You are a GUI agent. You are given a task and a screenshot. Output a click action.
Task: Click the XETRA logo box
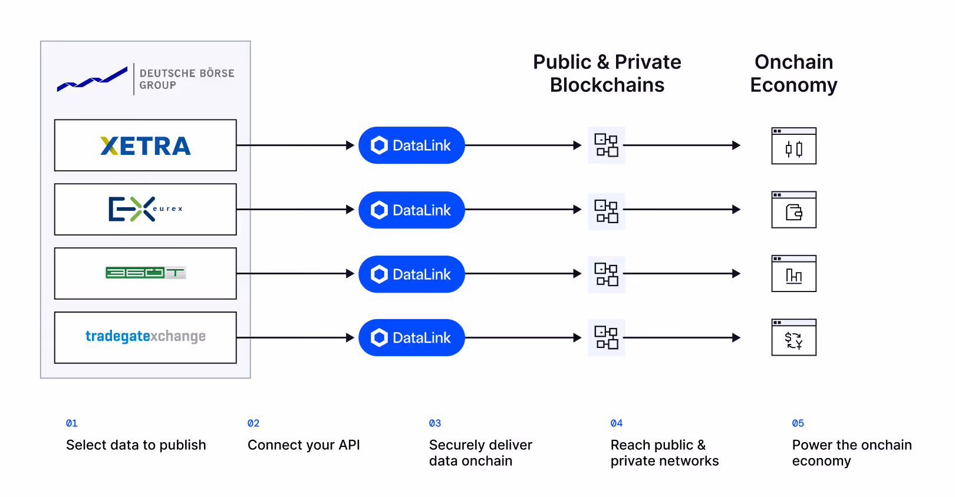(x=146, y=145)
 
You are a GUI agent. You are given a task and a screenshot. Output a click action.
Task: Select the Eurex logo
(x=145, y=209)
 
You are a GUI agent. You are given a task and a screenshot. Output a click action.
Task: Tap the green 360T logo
(x=145, y=273)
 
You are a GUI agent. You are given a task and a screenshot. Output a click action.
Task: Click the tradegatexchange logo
(x=145, y=336)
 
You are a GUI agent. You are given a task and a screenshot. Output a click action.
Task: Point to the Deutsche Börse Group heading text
(x=186, y=79)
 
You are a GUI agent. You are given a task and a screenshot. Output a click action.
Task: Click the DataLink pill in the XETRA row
(x=411, y=145)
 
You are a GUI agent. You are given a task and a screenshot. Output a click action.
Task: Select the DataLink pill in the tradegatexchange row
(x=411, y=337)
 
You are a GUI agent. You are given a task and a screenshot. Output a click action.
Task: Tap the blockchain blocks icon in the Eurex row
(x=606, y=211)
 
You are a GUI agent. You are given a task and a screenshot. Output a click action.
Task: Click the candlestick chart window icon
(x=793, y=146)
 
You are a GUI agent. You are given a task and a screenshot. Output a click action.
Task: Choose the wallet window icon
(x=793, y=210)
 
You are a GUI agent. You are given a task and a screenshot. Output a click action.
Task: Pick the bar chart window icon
(x=793, y=274)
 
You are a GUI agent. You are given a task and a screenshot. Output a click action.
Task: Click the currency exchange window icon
(x=793, y=337)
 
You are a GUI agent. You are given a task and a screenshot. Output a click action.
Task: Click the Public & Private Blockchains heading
(x=607, y=74)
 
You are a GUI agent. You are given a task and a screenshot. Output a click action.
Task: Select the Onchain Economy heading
(x=793, y=74)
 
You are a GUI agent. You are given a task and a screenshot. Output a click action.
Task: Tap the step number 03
(x=435, y=423)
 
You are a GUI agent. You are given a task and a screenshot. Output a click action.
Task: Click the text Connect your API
(x=304, y=445)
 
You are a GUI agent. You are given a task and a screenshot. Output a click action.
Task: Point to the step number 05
(x=798, y=423)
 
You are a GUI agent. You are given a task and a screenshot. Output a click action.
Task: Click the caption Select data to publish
(x=136, y=445)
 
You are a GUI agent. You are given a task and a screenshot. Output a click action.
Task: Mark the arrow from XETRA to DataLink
(x=295, y=145)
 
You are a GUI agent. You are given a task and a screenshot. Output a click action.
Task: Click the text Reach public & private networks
(x=664, y=453)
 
